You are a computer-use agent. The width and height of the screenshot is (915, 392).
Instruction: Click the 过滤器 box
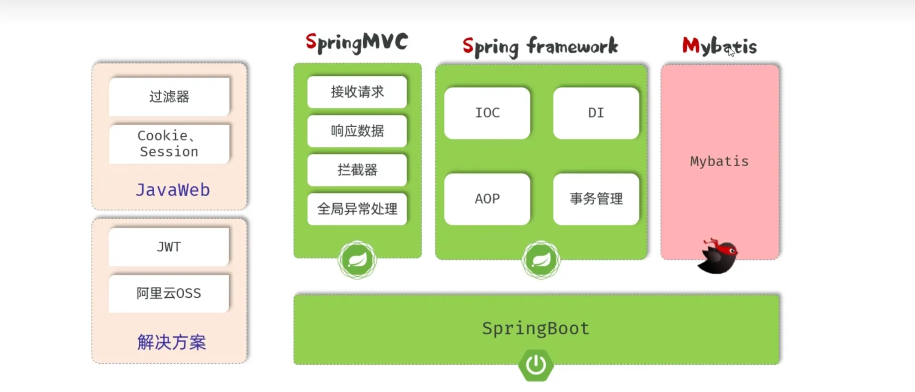pos(169,96)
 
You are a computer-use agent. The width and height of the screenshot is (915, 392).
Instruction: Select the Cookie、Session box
pos(169,144)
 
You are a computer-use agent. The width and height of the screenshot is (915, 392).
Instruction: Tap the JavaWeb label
pos(173,190)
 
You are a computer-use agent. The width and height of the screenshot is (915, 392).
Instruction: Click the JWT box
pos(169,247)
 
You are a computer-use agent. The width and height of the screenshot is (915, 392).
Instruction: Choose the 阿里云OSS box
pos(169,293)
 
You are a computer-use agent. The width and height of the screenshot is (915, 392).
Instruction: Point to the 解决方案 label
pos(172,342)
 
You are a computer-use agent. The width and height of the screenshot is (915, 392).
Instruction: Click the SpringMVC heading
pos(357,43)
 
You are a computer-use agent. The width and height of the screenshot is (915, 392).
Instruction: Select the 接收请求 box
pos(357,92)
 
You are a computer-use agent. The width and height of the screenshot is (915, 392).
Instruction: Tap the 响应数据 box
pos(357,131)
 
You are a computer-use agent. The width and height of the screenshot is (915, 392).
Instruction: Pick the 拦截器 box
pos(357,170)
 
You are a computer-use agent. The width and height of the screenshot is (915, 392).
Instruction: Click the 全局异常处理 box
pos(357,209)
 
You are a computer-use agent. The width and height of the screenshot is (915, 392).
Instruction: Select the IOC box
pos(487,113)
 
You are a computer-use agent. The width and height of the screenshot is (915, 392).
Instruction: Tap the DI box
pos(596,113)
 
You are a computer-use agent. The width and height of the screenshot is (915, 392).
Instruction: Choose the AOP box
pos(487,199)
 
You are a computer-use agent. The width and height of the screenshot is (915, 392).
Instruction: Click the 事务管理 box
pos(596,199)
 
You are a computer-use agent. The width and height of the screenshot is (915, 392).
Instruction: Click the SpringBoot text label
pos(536,329)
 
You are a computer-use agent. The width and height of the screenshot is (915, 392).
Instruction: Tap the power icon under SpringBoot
pos(536,365)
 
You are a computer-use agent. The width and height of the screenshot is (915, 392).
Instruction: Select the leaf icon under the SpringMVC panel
pos(357,260)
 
